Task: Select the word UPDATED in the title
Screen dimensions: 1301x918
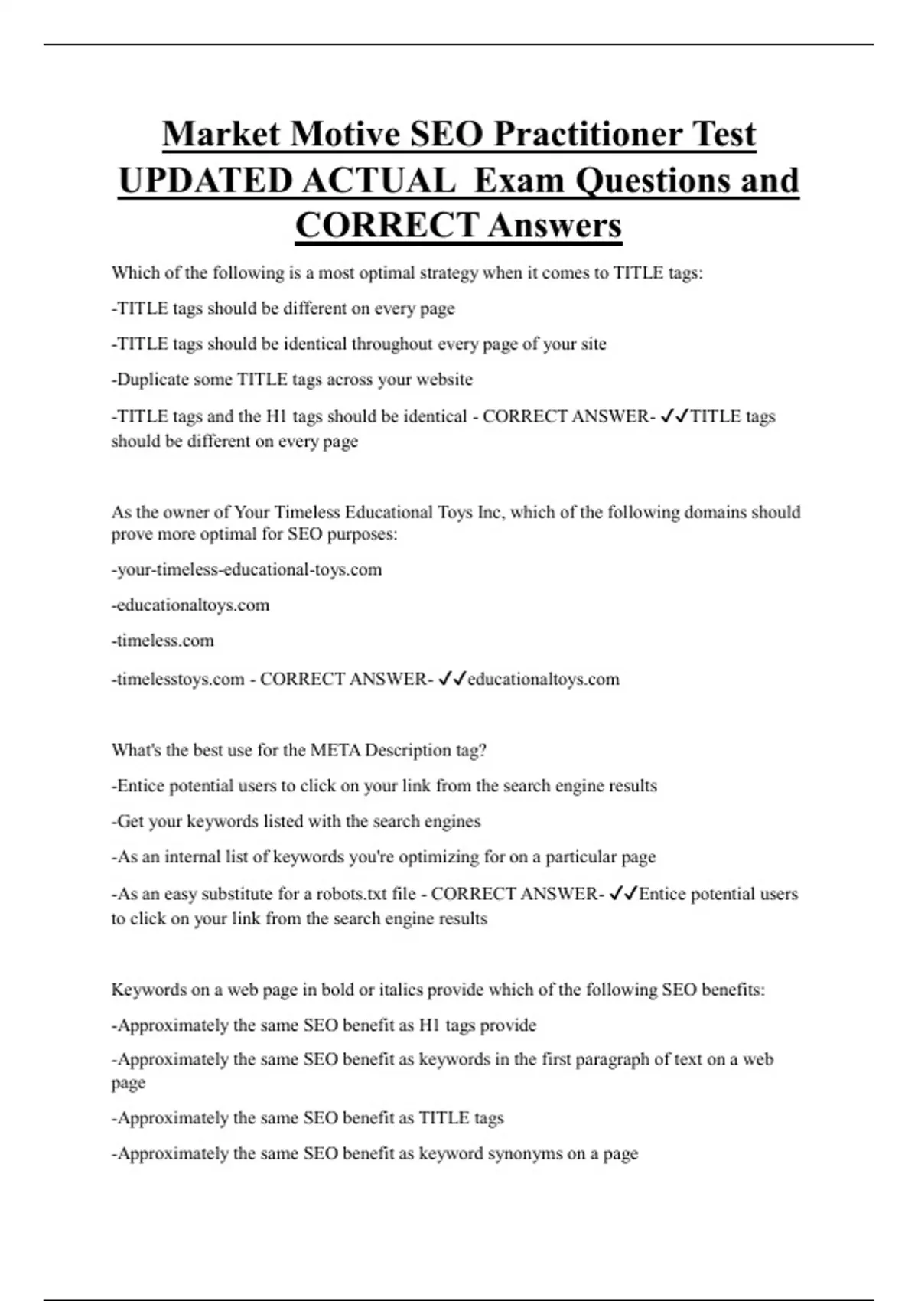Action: pos(204,181)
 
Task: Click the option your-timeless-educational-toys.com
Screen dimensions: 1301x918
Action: pos(248,569)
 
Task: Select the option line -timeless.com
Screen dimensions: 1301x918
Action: pos(164,641)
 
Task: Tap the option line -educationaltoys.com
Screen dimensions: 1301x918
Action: pos(191,605)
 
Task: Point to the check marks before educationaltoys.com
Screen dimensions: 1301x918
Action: pos(451,679)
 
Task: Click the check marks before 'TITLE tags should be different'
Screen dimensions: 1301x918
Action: pos(675,416)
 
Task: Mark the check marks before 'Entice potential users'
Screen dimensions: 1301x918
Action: pos(623,894)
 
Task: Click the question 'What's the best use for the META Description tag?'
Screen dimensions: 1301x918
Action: pos(299,750)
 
